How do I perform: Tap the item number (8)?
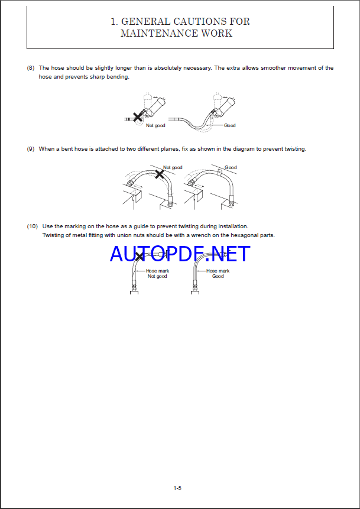31,68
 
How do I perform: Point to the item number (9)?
31,149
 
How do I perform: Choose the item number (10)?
32,226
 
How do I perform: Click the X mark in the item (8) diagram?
138,117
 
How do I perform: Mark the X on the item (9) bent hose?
160,174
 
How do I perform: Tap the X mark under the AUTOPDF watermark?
140,257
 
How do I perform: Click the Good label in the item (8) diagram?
229,125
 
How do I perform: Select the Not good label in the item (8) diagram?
155,125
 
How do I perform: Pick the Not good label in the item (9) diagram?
173,167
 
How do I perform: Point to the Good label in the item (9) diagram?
231,167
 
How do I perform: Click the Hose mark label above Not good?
157,271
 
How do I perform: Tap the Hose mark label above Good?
218,271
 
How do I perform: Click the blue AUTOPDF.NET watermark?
180,254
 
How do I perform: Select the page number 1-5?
177,488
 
